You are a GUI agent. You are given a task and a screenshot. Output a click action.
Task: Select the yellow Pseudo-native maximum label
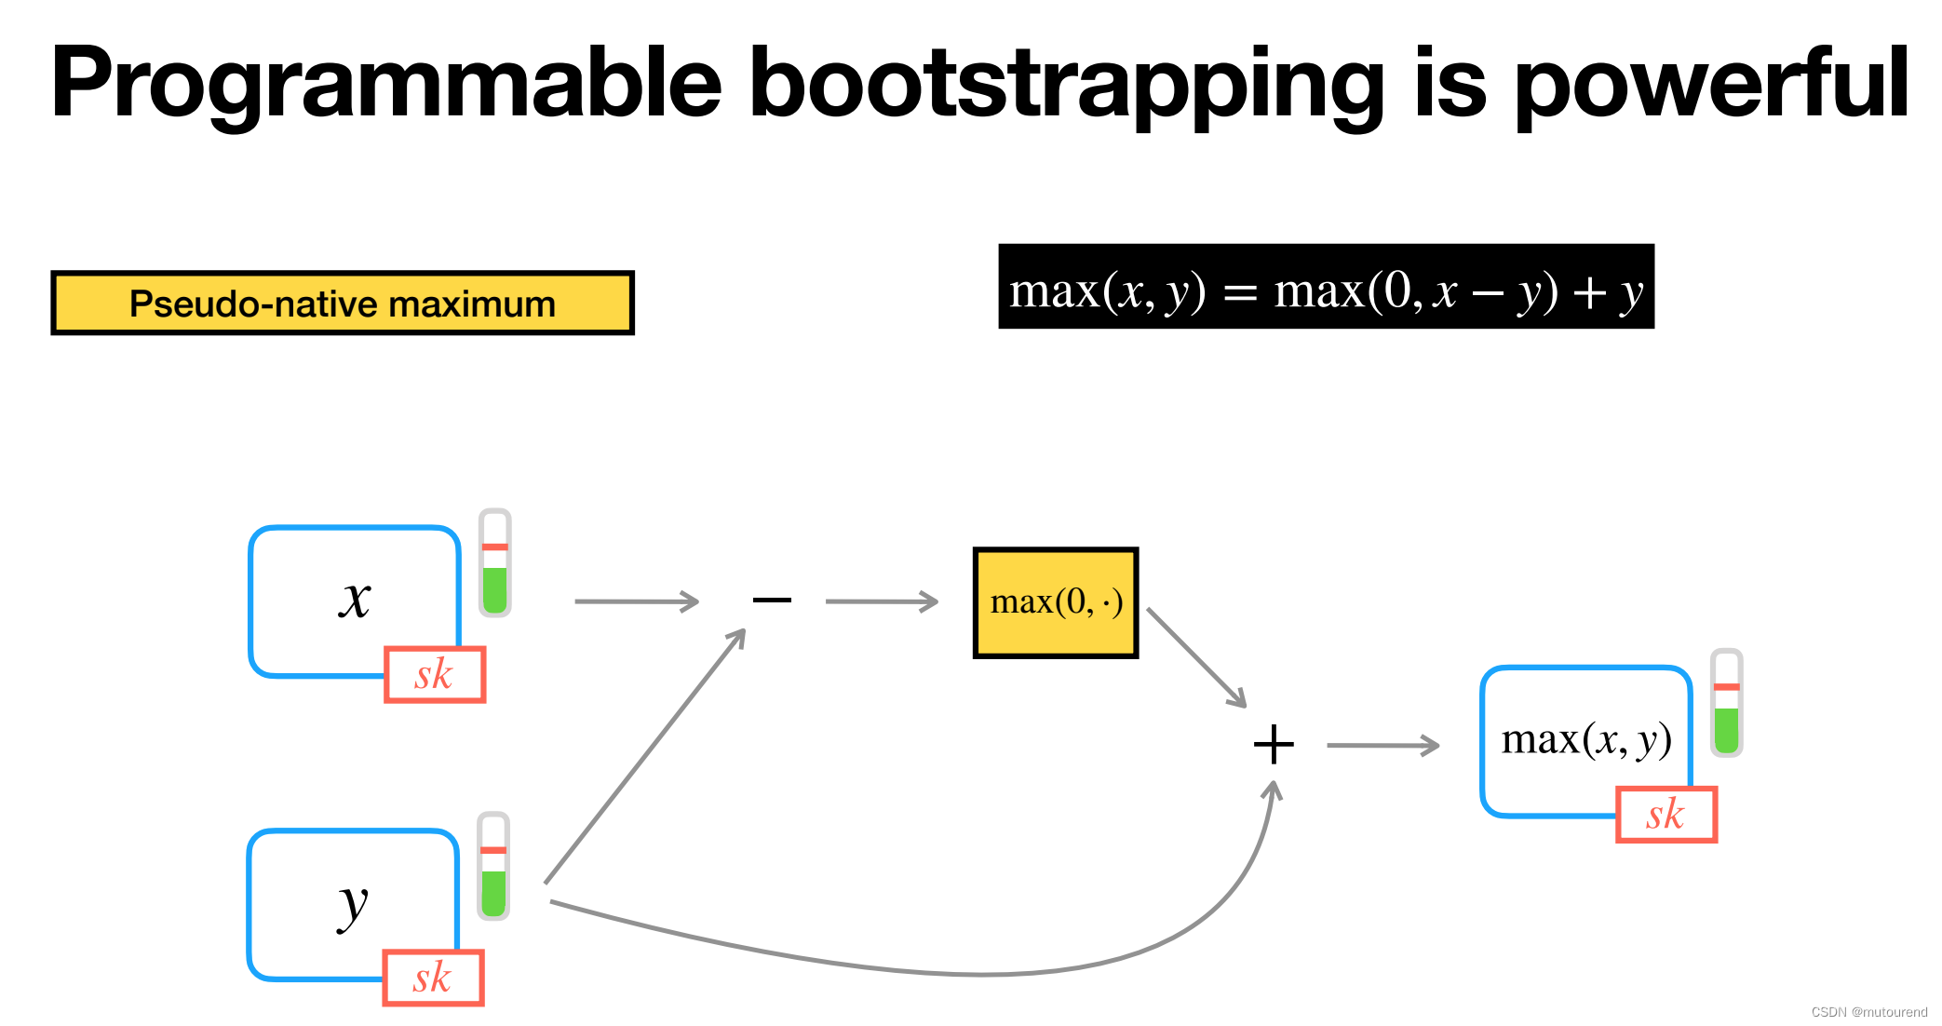point(343,304)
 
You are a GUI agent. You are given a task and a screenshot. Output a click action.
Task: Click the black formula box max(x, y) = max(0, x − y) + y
point(1326,287)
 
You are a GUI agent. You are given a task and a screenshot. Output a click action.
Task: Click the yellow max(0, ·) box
point(1056,602)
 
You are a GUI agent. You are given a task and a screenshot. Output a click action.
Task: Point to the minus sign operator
point(772,601)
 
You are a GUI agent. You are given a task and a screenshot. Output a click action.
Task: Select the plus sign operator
point(1274,745)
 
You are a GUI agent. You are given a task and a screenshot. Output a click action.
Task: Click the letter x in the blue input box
point(355,598)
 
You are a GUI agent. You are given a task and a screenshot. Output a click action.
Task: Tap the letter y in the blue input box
point(353,903)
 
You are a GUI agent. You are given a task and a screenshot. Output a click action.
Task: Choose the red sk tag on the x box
point(435,674)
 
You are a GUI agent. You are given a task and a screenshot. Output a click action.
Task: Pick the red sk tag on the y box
point(433,978)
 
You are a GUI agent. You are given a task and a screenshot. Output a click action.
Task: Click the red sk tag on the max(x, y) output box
point(1666,815)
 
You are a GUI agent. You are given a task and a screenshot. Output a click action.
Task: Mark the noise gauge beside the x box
point(495,563)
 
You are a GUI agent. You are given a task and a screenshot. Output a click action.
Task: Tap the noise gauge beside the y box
point(493,866)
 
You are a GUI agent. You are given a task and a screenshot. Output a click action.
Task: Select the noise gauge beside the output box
point(1726,703)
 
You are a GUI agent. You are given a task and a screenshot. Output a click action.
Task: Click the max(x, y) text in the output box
point(1585,740)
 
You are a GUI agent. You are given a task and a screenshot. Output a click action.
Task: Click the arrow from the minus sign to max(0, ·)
point(881,601)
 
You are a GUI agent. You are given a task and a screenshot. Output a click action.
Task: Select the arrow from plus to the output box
point(1382,745)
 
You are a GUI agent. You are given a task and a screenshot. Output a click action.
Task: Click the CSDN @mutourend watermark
point(1868,1012)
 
